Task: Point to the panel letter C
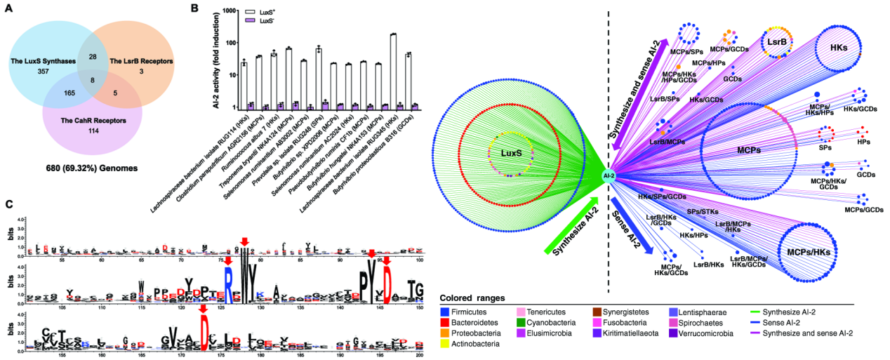pyautogui.click(x=8, y=204)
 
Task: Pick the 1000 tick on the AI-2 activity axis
pyautogui.click(x=227, y=11)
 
